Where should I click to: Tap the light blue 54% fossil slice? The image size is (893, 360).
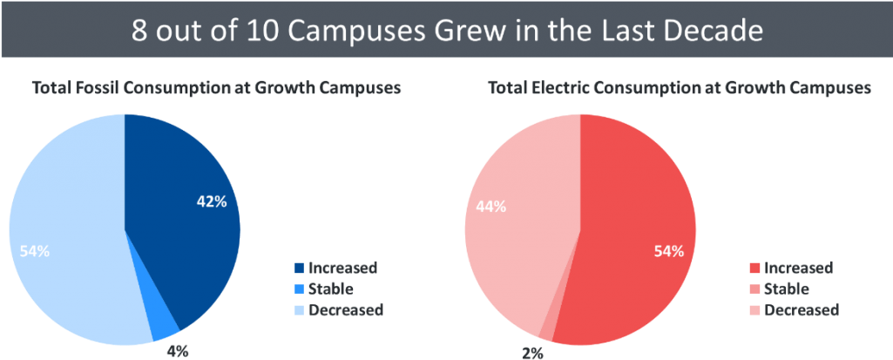coord(70,218)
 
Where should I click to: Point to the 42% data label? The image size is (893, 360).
coord(211,201)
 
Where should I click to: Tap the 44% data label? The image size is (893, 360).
coord(490,207)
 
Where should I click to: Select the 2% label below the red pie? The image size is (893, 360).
coord(533,352)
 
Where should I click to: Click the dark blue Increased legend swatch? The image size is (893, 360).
coord(301,268)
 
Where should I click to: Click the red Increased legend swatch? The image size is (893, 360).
coord(754,268)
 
